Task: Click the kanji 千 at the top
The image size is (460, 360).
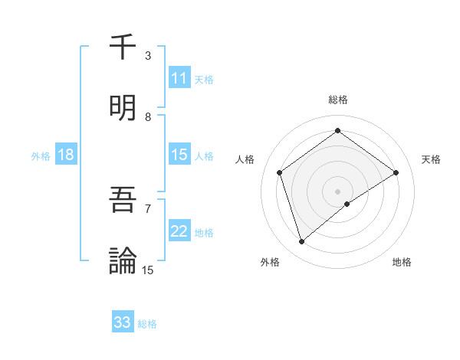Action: (x=123, y=47)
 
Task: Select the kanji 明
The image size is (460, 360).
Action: (x=123, y=108)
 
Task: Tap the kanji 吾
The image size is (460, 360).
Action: (x=123, y=200)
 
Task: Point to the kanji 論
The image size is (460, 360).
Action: (x=123, y=261)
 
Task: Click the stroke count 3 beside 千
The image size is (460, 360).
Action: (x=148, y=56)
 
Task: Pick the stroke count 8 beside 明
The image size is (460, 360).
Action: (x=148, y=117)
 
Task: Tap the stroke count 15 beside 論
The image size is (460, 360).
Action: (x=148, y=270)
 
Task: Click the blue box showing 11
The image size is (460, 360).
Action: (x=179, y=78)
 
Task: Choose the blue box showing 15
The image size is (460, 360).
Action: (x=179, y=155)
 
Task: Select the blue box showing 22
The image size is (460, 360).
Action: (x=179, y=231)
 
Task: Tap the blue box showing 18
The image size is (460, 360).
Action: (x=66, y=155)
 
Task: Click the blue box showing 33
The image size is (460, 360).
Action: (x=123, y=322)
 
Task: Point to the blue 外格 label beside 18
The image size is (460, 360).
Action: (x=41, y=155)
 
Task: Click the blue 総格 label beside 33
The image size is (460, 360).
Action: (x=147, y=324)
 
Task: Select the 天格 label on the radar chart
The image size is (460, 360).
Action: (x=431, y=159)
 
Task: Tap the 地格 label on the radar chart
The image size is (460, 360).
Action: (x=402, y=262)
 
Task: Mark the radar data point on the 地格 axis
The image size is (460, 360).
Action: (x=347, y=204)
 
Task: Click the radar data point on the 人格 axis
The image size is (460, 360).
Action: (x=280, y=172)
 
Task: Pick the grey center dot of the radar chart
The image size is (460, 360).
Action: (x=338, y=191)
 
